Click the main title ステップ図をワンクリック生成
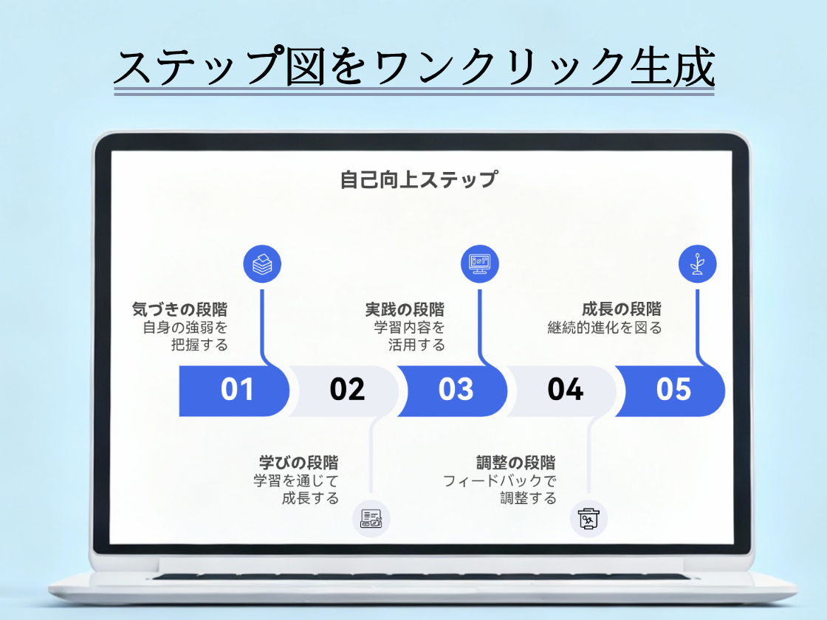click(413, 68)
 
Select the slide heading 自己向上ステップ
click(419, 179)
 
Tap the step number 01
click(237, 389)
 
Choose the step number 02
click(347, 389)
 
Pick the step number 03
click(456, 389)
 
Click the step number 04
click(565, 389)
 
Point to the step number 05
click(673, 389)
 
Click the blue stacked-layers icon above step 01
click(262, 263)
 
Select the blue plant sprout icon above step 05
click(697, 263)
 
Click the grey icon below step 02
click(371, 519)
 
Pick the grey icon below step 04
click(588, 519)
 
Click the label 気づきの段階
click(179, 309)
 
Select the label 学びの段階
click(298, 463)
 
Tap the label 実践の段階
click(405, 309)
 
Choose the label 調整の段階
click(515, 463)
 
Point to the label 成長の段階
click(621, 309)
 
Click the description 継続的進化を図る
click(604, 328)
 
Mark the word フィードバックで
click(499, 481)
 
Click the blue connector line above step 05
click(697, 325)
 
